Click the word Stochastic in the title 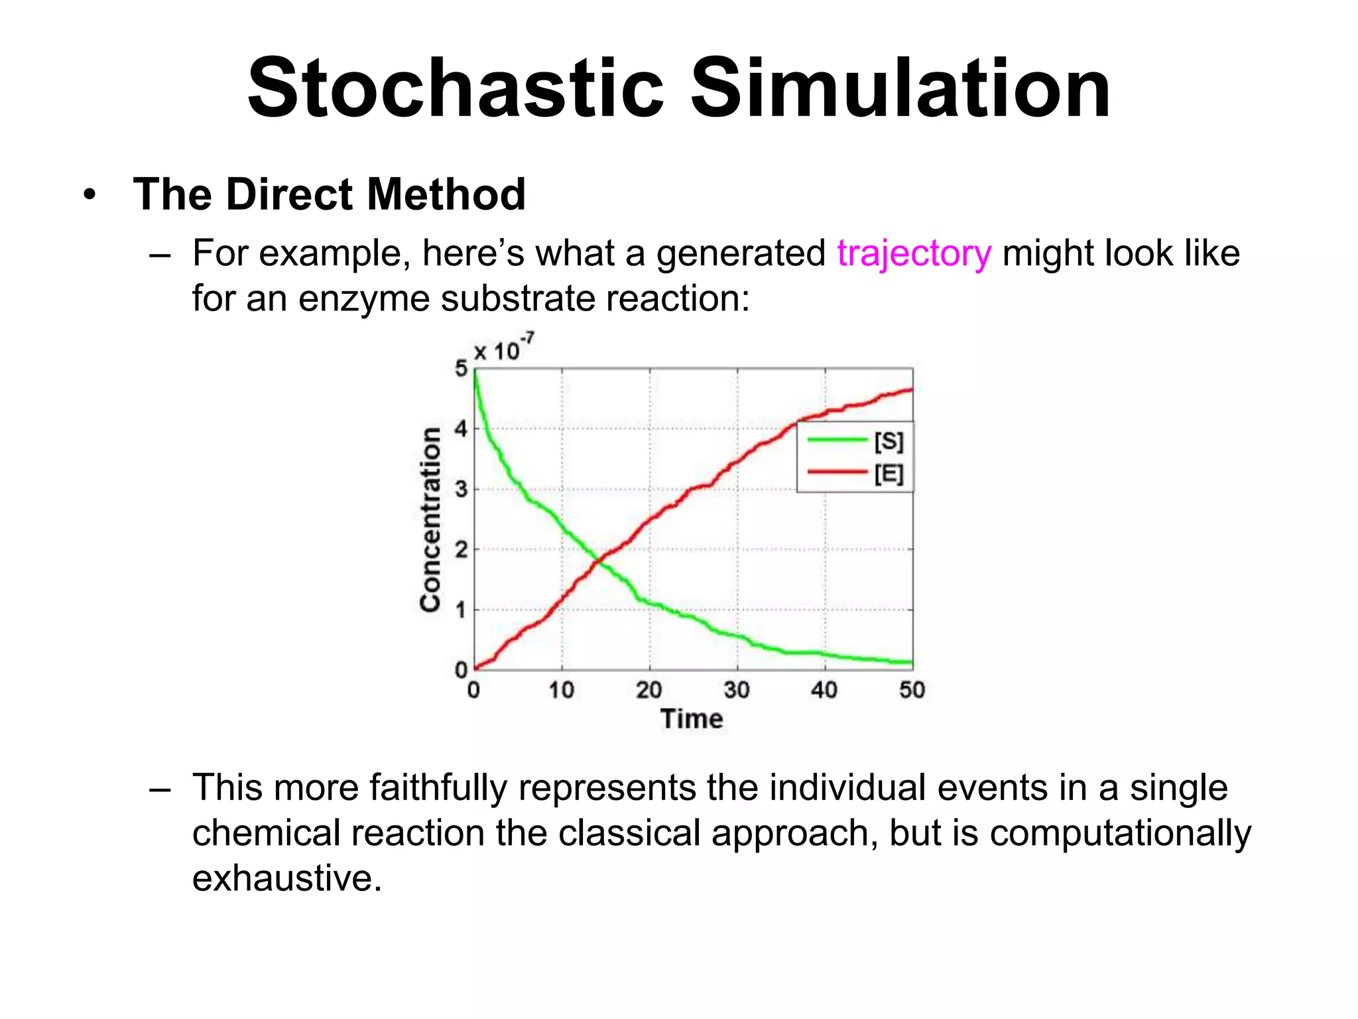tap(456, 88)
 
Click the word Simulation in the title tap(900, 88)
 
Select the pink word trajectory tap(914, 254)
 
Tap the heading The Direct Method tap(329, 194)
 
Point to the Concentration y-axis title tap(431, 519)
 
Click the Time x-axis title tap(692, 719)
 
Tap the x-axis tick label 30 tap(737, 691)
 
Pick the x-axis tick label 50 tap(912, 691)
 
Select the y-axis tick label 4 tap(461, 429)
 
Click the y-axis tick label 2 tap(461, 550)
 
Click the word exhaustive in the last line tap(286, 878)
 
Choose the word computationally tap(1120, 833)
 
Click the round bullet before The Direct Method tap(90, 195)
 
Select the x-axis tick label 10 tap(561, 691)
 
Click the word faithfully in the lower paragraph tap(438, 788)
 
